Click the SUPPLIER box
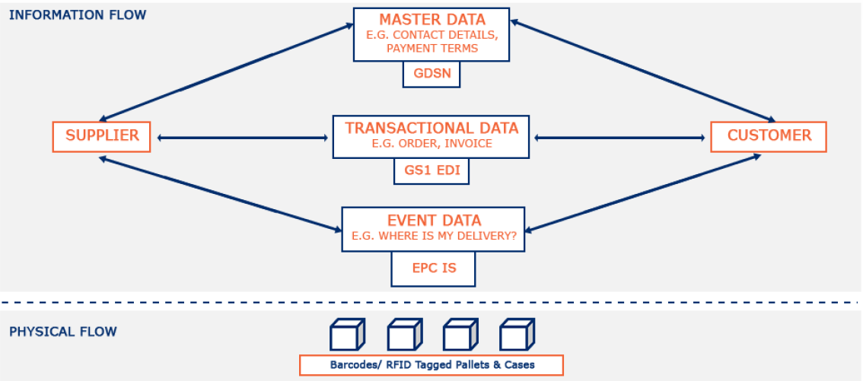coord(102,136)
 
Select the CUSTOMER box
coord(769,136)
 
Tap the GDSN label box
coord(431,75)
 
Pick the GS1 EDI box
coord(431,171)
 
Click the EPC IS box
coord(433,268)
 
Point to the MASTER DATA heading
coord(431,19)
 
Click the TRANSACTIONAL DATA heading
coord(431,128)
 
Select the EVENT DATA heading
coord(434,221)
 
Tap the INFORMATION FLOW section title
coord(78,15)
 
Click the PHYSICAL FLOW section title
coord(63,332)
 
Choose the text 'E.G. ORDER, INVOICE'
coord(431,144)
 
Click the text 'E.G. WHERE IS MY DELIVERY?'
coord(434,237)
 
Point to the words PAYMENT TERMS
coord(431,48)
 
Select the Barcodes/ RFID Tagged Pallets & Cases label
coord(431,365)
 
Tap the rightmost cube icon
coord(517,334)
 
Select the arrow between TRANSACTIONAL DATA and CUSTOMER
coord(620,138)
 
